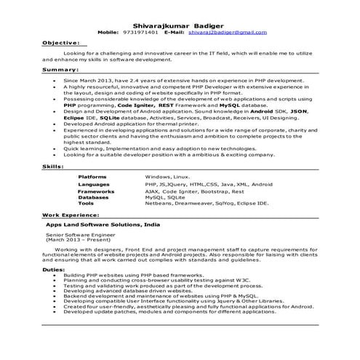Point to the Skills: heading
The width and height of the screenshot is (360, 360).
[52, 167]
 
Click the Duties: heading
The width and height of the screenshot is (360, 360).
[53, 269]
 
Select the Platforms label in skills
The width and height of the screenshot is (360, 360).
[92, 177]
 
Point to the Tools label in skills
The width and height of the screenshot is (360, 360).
[86, 204]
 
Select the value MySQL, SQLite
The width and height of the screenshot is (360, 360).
[164, 197]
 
